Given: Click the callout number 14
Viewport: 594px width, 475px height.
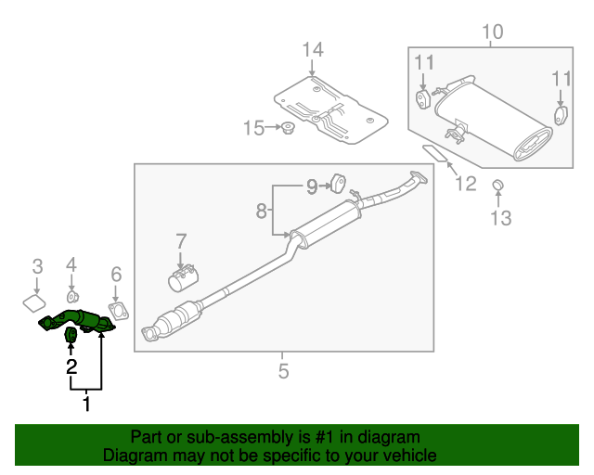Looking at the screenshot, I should point(313,50).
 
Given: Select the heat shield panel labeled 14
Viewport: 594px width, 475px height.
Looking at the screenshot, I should point(329,112).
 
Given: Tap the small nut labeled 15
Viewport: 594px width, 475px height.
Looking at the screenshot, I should point(288,128).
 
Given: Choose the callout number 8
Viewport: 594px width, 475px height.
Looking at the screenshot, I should point(262,212).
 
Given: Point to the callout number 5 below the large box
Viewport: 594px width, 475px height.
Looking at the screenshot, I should point(283,372).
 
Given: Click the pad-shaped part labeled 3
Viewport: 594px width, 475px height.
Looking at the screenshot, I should point(35,302).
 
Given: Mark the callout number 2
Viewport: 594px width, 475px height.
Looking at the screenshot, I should point(71,367).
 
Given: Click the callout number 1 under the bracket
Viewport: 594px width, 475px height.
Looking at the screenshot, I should point(87,404).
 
